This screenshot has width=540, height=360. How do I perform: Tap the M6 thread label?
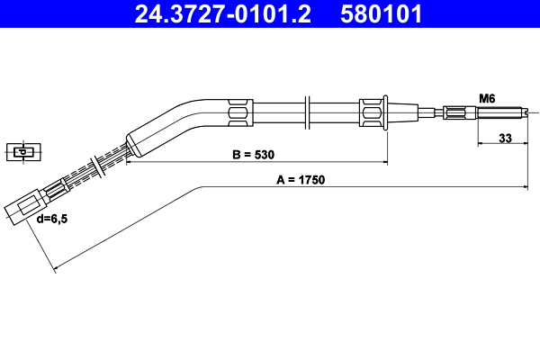point(487,98)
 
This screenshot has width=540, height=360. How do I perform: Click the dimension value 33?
point(504,139)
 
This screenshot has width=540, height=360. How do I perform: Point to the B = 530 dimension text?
point(253,155)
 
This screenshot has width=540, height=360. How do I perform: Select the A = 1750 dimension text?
point(300,179)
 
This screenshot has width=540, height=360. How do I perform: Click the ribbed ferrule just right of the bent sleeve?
point(241,113)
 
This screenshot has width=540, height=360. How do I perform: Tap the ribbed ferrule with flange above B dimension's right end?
point(373,113)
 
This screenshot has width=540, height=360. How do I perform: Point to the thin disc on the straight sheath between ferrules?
point(309,113)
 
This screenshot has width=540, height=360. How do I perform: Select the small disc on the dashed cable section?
point(94,168)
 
